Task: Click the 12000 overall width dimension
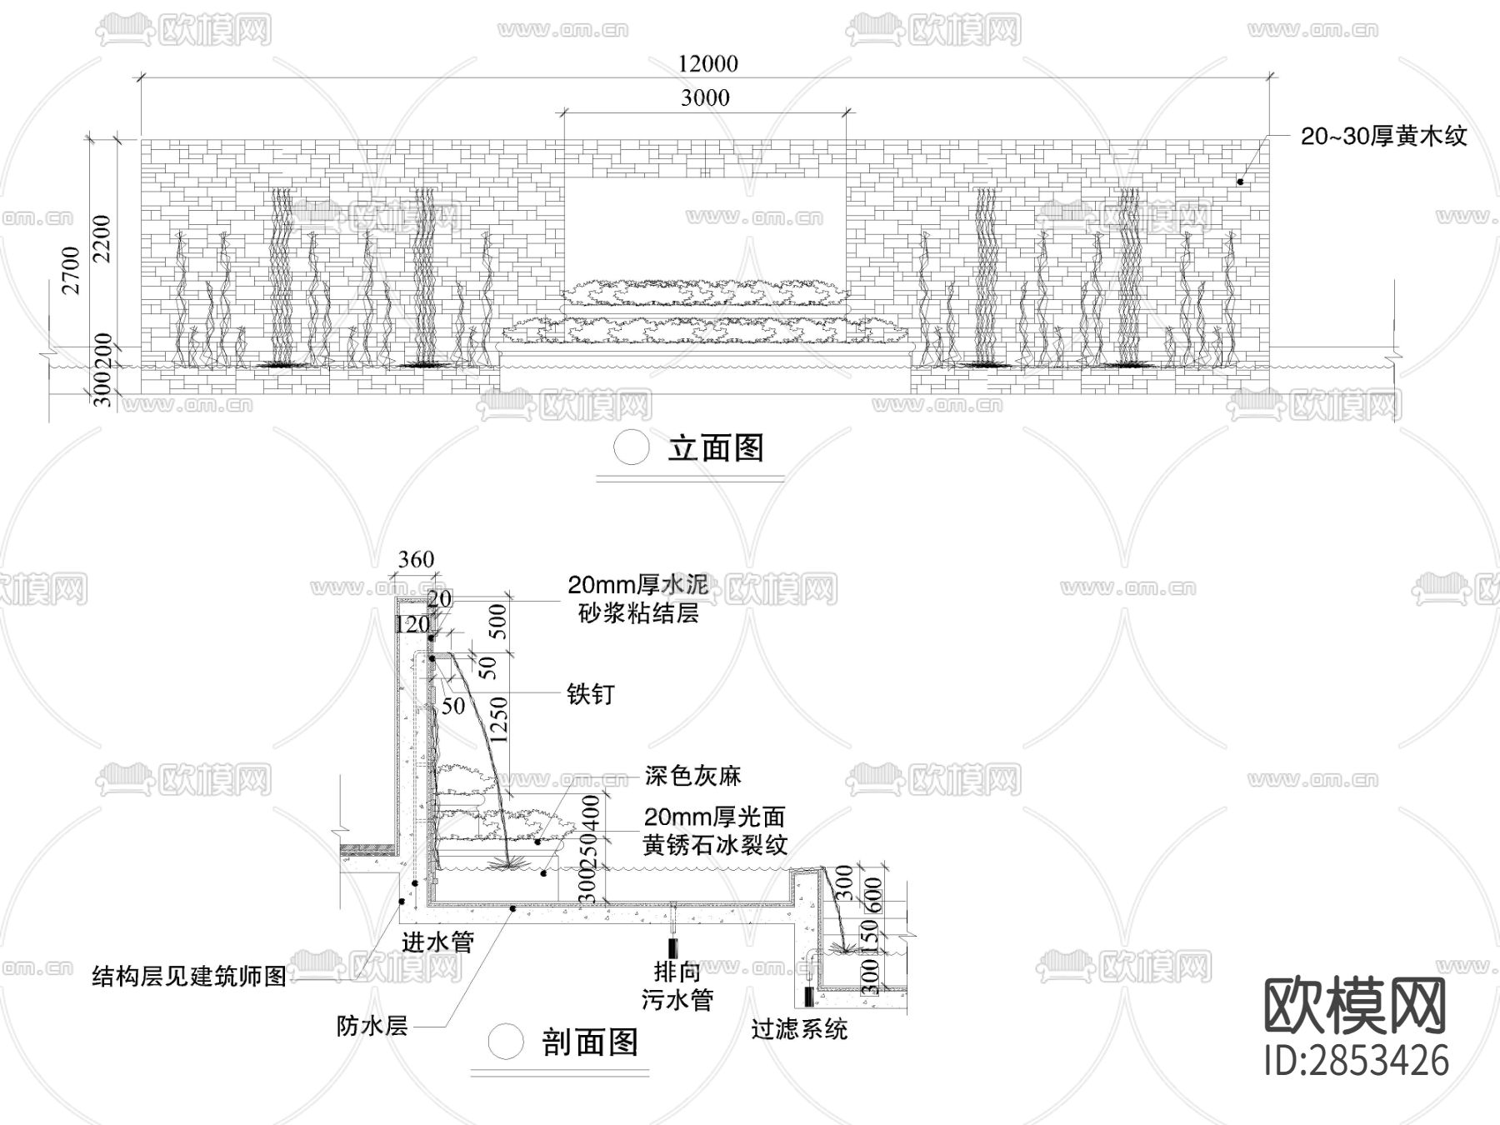707,63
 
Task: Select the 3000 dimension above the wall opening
705,97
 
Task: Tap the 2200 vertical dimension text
102,238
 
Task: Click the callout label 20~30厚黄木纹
1383,136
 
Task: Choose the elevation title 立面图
716,448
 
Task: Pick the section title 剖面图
590,1042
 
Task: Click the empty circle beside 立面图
631,447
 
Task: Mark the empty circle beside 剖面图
506,1041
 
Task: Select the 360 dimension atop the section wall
416,559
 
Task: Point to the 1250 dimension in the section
499,720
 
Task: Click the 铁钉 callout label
590,693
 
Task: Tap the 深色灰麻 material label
692,776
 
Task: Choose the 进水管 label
437,942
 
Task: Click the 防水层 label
372,1026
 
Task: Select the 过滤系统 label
798,1029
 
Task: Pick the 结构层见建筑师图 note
189,976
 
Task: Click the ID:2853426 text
1356,1060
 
